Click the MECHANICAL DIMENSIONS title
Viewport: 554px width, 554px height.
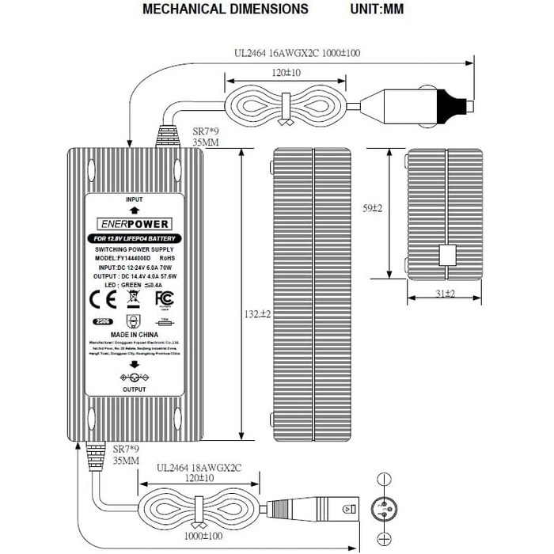tap(226, 9)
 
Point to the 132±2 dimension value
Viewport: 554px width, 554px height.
tap(255, 314)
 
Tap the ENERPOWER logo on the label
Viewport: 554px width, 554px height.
tap(134, 224)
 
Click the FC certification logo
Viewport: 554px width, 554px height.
tap(165, 298)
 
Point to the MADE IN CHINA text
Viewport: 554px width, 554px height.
tap(134, 335)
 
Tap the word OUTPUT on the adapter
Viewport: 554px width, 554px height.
tap(134, 389)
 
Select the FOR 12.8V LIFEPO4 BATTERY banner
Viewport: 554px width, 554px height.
tap(134, 238)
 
